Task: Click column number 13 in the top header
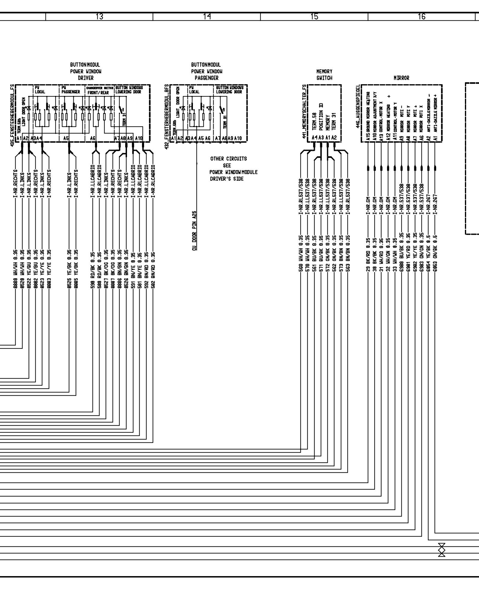(99, 17)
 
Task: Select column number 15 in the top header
(314, 17)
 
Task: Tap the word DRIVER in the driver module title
(86, 78)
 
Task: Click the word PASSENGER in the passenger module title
(207, 78)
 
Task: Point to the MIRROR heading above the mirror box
(401, 78)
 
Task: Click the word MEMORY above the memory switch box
(324, 71)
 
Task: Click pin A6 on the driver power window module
(93, 138)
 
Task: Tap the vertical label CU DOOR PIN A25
(194, 231)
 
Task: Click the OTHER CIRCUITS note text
(229, 159)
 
